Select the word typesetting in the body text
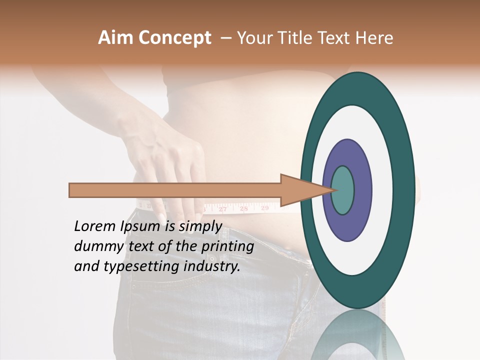point(142,267)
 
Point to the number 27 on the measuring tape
point(223,209)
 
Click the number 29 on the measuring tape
point(265,207)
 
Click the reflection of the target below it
point(358,335)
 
